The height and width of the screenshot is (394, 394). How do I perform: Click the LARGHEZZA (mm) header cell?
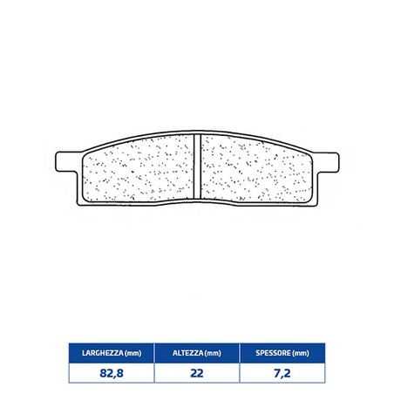(112, 353)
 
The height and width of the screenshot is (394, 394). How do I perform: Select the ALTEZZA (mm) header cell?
(197, 353)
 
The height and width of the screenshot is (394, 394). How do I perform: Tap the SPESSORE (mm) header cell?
(282, 353)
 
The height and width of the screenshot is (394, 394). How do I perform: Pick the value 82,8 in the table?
(112, 373)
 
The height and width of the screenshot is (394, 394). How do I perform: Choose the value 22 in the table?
(197, 373)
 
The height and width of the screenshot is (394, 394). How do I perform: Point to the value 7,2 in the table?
(282, 373)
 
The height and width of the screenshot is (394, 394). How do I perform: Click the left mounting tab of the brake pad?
(67, 162)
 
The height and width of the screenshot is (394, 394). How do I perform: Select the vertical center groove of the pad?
(197, 166)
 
